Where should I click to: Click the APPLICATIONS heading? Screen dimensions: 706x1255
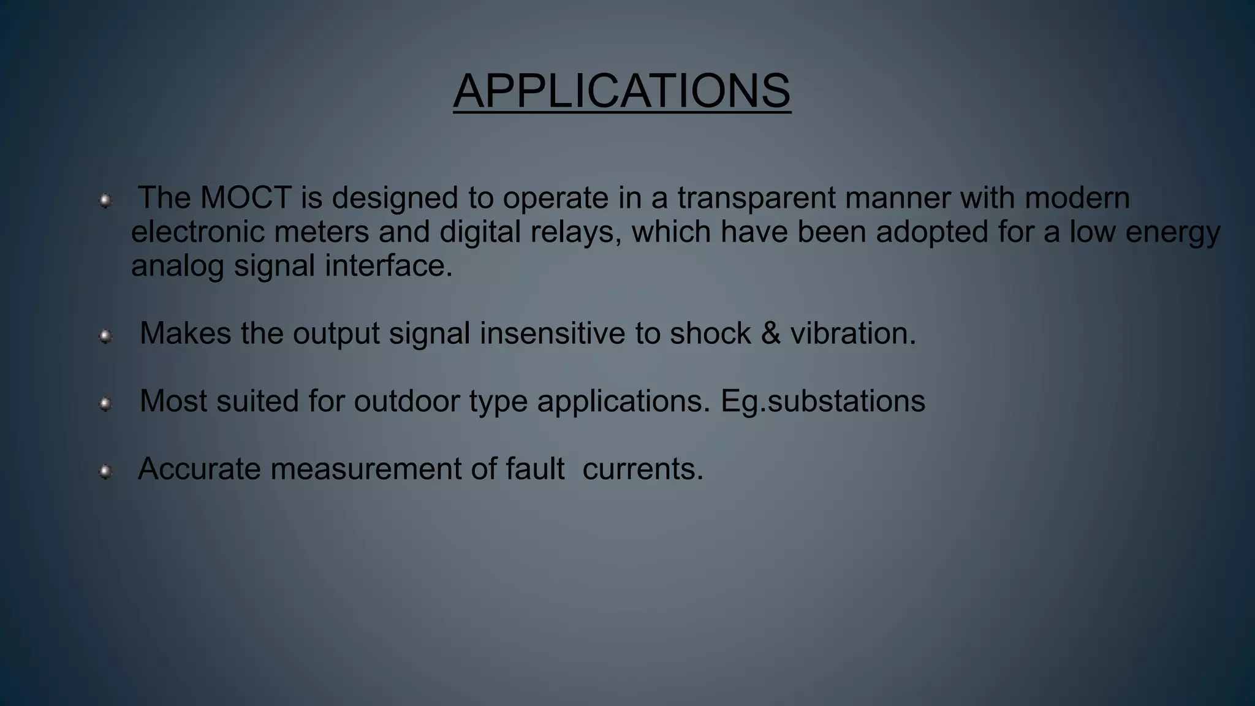[x=622, y=91]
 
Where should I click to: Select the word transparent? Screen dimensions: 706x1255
[x=756, y=198]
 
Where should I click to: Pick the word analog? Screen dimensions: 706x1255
[x=177, y=265]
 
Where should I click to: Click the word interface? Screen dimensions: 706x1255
[x=389, y=265]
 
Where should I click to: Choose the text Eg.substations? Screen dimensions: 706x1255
[x=822, y=401]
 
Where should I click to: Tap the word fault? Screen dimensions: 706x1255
[x=534, y=469]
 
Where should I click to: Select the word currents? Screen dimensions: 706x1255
[x=642, y=469]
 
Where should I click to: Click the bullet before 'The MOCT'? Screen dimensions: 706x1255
[x=105, y=200]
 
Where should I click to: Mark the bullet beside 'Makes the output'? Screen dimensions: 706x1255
[x=105, y=336]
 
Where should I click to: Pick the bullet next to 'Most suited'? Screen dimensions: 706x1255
[x=105, y=404]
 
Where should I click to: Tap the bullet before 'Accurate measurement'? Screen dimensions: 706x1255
[x=105, y=471]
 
